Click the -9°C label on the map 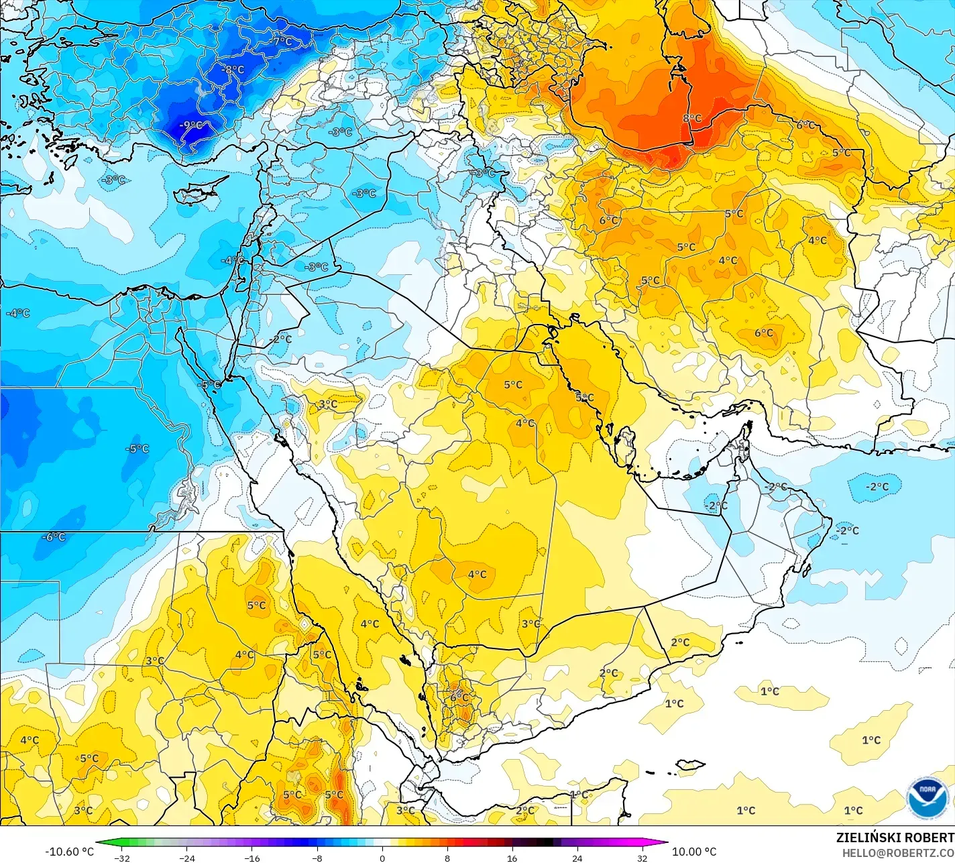192,125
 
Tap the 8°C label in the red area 692,119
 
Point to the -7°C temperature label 282,42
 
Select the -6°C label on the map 54,537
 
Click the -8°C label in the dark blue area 233,69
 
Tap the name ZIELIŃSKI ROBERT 895,838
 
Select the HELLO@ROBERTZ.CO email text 898,852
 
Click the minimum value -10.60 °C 69,852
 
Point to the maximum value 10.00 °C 694,852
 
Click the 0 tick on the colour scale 382,858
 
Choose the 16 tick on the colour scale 512,858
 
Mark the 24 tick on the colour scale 577,858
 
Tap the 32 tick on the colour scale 642,858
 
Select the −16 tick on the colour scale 251,858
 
